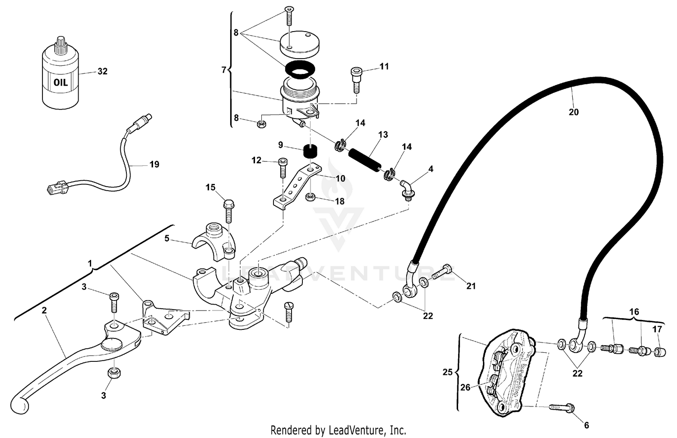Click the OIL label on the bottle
click(x=60, y=82)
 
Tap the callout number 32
click(x=102, y=71)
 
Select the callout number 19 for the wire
click(x=154, y=164)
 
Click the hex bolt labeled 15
click(x=229, y=210)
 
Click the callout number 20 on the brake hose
click(x=573, y=112)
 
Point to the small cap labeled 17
click(x=661, y=351)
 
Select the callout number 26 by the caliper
click(x=465, y=387)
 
